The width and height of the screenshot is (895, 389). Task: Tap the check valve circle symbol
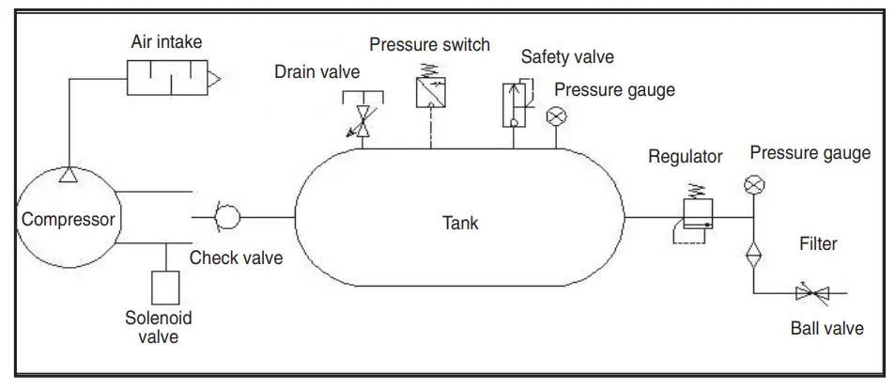tap(226, 218)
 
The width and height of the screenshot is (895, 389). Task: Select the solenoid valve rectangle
tap(165, 288)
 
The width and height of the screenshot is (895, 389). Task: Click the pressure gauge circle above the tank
tap(556, 116)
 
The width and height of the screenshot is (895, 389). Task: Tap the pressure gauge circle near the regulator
tap(752, 184)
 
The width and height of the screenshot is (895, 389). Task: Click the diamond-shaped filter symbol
tap(752, 255)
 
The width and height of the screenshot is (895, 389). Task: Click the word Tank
tap(460, 224)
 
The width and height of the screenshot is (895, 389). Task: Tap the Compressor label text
tap(69, 221)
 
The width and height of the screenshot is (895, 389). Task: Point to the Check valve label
tap(236, 257)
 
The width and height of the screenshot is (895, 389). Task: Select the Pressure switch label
tap(429, 45)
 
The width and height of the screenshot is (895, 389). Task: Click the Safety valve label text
tap(567, 57)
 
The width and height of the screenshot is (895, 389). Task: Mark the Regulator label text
tap(686, 157)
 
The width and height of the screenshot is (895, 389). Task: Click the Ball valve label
tap(826, 328)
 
